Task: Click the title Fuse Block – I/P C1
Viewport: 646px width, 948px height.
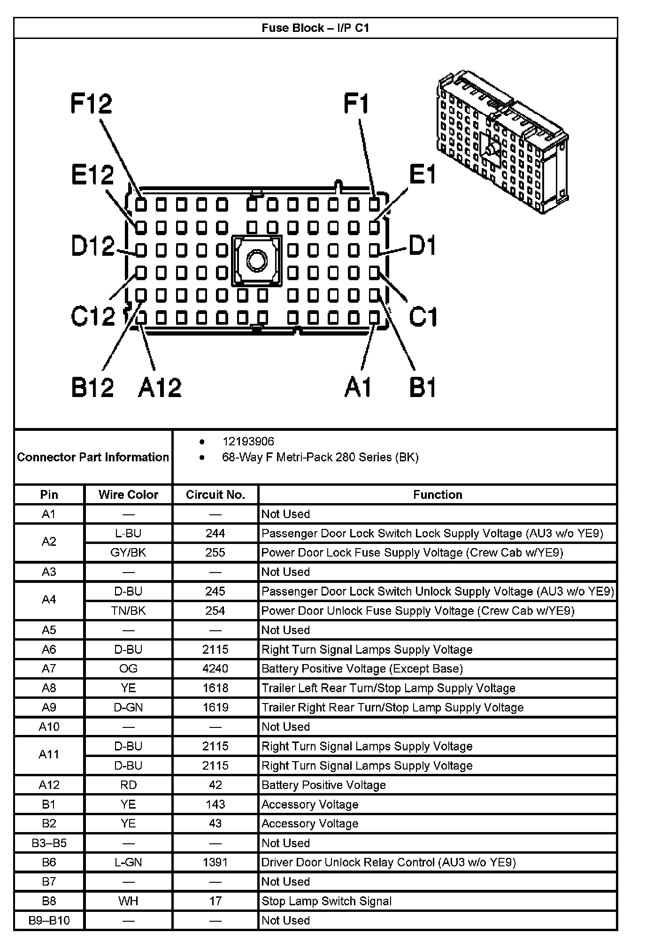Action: click(315, 28)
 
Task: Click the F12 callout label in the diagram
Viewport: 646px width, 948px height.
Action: click(92, 104)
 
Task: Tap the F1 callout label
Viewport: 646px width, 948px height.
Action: click(357, 104)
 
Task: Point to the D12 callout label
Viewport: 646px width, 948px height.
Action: click(93, 245)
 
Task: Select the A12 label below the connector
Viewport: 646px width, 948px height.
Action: click(160, 388)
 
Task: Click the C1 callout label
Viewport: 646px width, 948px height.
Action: click(423, 317)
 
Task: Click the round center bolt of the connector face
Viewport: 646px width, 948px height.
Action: click(256, 260)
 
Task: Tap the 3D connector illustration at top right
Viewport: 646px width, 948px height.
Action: click(502, 141)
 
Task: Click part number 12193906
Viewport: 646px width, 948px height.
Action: click(248, 442)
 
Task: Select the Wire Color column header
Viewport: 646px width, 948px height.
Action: click(128, 495)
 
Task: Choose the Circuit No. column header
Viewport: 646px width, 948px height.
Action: click(215, 495)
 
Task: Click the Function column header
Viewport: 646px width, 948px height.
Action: click(438, 495)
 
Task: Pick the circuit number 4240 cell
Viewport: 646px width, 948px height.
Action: click(215, 668)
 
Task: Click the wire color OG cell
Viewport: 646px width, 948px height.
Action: click(128, 668)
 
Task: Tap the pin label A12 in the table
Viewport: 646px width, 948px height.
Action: click(49, 785)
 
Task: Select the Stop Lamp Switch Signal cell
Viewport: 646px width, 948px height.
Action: click(327, 901)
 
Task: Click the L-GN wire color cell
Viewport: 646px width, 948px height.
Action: click(128, 862)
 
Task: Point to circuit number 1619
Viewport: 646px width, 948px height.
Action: click(215, 707)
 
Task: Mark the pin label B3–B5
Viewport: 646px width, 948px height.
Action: click(49, 843)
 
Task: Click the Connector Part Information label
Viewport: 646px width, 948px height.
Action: click(93, 457)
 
